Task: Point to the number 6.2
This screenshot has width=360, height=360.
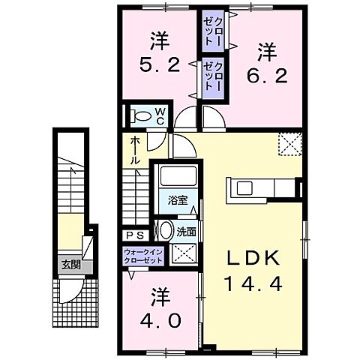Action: click(266, 75)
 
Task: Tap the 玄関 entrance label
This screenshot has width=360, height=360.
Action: click(71, 264)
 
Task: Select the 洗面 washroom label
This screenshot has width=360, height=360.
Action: click(186, 232)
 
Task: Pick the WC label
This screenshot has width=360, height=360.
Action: click(160, 115)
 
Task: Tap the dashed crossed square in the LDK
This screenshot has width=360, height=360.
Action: click(288, 142)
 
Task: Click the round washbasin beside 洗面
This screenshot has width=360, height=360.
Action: click(165, 230)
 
